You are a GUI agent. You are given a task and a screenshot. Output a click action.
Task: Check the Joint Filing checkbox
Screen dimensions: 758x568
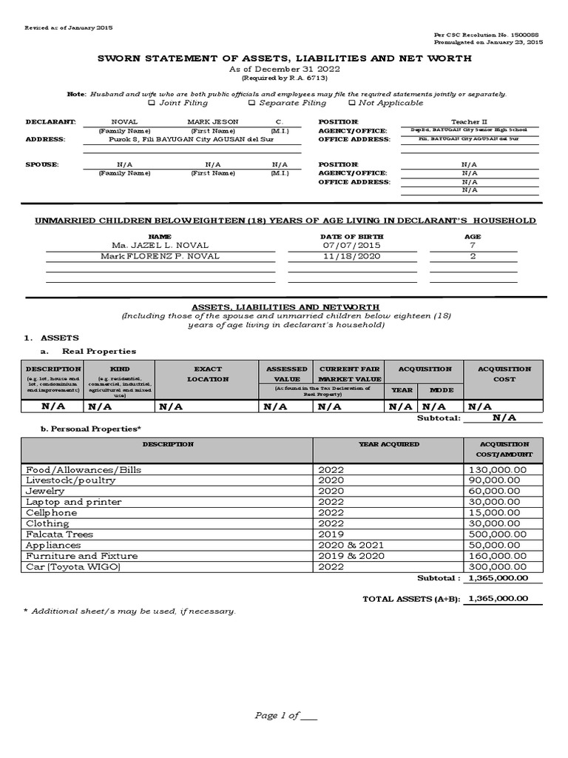click(x=152, y=104)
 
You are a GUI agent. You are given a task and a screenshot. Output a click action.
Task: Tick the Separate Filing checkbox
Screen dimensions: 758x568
click(x=251, y=104)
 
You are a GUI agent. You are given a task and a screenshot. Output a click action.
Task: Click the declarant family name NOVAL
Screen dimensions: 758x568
click(x=124, y=121)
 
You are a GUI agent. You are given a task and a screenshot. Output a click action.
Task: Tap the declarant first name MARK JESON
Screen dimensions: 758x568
click(x=209, y=121)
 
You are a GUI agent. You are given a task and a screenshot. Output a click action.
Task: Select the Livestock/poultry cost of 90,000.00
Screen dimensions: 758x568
click(x=496, y=480)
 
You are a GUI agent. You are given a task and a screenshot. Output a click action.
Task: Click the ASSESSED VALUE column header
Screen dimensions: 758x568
click(x=287, y=374)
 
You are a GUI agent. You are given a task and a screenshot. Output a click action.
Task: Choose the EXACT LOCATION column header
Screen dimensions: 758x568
click(x=208, y=374)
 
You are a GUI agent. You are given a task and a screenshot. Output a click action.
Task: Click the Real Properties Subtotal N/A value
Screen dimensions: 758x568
click(x=504, y=417)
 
